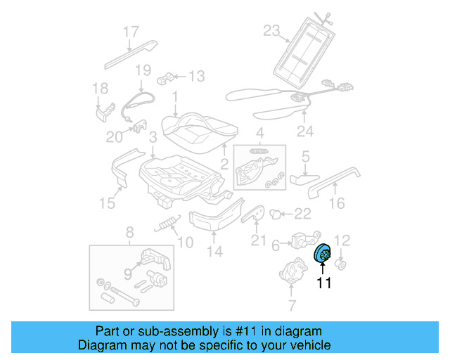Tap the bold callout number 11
[323, 284]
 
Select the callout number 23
[271, 30]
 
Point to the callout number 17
[131, 32]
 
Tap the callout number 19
[143, 70]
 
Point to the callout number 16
[337, 204]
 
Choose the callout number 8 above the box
[129, 232]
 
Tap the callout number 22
[302, 214]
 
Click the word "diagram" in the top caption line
[296, 331]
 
